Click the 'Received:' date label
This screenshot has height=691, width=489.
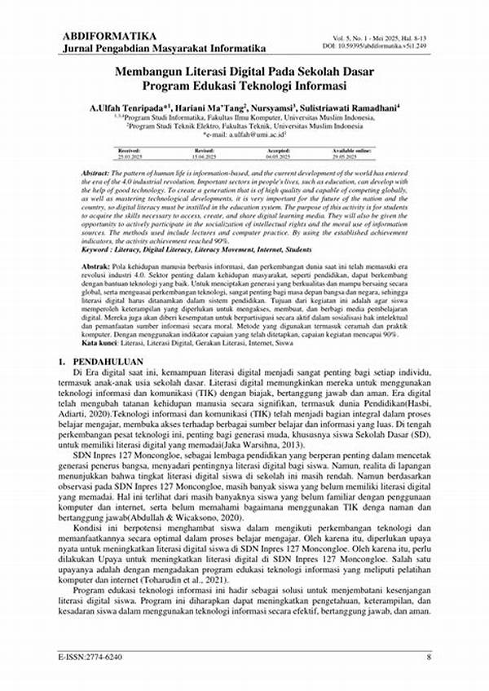(130, 151)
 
